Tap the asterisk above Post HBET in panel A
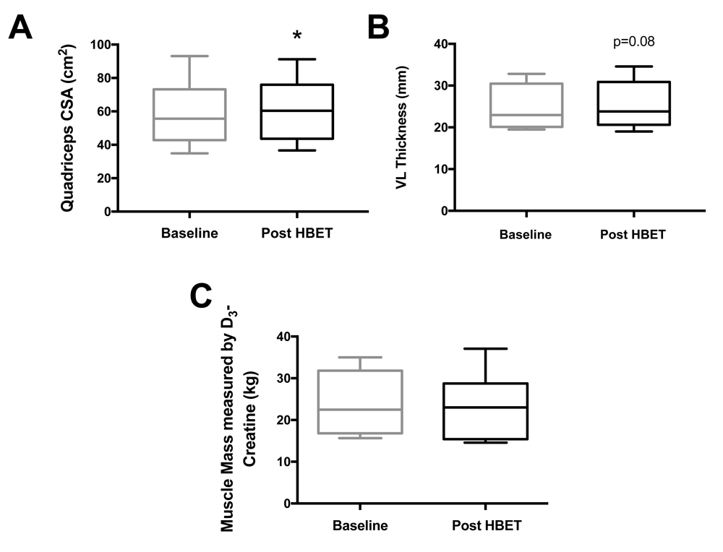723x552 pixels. tap(296, 36)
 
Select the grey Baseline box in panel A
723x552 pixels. tap(189, 114)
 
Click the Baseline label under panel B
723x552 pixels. tap(526, 235)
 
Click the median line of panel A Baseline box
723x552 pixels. tap(189, 118)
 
